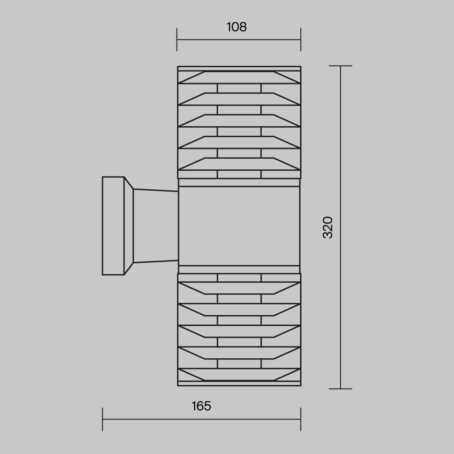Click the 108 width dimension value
(237, 27)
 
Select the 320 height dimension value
(328, 227)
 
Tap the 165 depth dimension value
(201, 406)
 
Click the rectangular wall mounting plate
(113, 226)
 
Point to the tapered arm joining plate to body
(154, 226)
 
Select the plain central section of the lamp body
(239, 226)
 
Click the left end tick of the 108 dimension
(177, 39)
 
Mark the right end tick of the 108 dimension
(301, 39)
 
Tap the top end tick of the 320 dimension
(340, 66)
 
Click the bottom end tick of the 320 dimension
(340, 389)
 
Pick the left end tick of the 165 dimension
(103, 419)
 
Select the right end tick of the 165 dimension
(301, 419)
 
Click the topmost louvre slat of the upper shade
(239, 78)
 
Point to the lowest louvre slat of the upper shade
(239, 164)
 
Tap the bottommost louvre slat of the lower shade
(239, 375)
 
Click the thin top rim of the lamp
(239, 69)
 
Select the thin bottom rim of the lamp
(239, 384)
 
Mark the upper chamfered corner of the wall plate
(128, 183)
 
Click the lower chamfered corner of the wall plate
(128, 269)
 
